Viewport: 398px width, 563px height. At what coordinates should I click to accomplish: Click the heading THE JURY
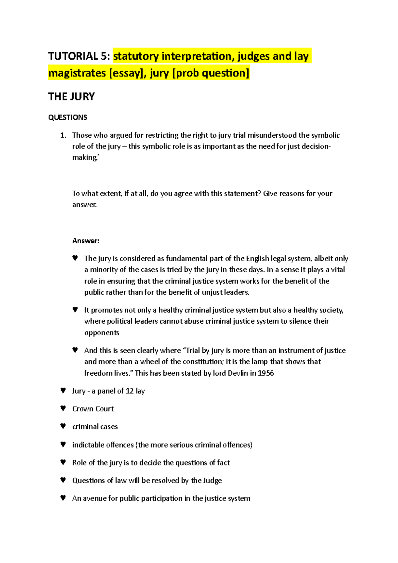click(x=71, y=96)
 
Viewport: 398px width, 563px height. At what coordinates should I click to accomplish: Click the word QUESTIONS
click(x=68, y=117)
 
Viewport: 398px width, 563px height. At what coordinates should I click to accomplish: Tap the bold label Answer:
click(x=86, y=241)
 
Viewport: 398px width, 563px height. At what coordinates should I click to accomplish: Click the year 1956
click(x=266, y=373)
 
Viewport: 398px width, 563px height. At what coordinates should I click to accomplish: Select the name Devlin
click(x=237, y=373)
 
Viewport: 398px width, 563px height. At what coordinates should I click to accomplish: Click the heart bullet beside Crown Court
click(x=63, y=408)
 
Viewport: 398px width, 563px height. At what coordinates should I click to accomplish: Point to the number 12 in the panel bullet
click(x=130, y=391)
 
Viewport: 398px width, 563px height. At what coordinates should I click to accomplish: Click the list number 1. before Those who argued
click(x=63, y=135)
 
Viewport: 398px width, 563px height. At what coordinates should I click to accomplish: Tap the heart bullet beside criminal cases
click(x=63, y=426)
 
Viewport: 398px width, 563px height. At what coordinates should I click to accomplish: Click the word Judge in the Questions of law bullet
click(x=213, y=480)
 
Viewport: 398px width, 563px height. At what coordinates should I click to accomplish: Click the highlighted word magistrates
click(x=77, y=73)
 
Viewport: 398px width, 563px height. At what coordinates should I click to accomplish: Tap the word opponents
click(x=101, y=333)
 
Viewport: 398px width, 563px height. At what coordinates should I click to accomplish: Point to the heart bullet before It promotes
click(x=75, y=310)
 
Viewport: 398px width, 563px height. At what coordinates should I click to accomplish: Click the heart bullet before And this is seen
click(x=75, y=350)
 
